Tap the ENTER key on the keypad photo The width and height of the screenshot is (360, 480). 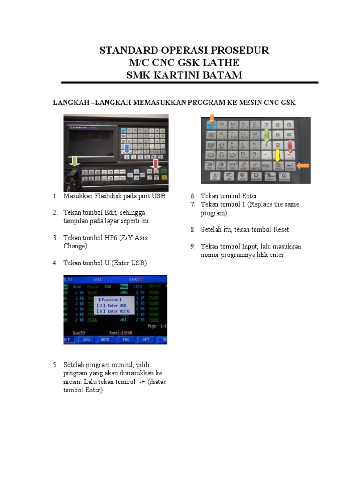coord(290,165)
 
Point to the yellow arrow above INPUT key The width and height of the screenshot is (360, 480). coord(277,155)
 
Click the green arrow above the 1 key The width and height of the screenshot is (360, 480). coord(266,135)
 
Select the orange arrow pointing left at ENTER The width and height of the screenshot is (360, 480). coord(303,165)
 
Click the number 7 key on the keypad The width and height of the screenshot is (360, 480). coord(266,125)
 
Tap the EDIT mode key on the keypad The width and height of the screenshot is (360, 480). coord(215,177)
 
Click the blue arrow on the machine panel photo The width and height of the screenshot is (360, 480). coord(127,150)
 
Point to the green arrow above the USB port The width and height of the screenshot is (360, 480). coord(73,162)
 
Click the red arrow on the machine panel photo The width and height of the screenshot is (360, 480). coord(155,164)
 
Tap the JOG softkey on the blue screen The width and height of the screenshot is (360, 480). coord(86,339)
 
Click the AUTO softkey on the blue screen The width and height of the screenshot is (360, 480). coord(105,339)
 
